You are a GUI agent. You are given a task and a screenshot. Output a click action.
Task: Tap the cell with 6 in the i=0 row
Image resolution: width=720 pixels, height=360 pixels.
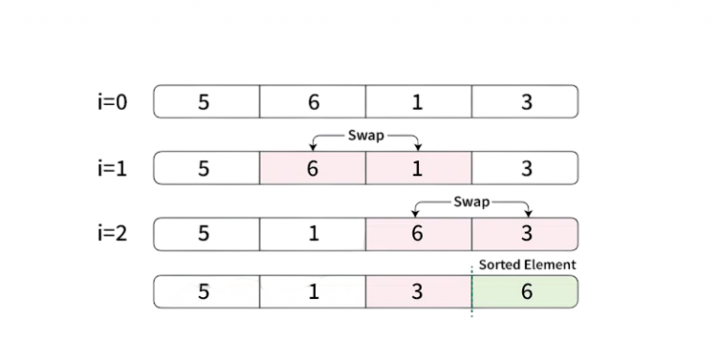[312, 102]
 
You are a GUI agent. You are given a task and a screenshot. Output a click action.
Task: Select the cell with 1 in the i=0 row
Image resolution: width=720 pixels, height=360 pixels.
[418, 102]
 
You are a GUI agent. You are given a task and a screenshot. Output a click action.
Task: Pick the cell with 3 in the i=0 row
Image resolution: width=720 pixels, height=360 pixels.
[525, 102]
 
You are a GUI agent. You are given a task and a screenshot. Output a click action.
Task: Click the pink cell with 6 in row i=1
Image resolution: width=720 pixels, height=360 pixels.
[312, 169]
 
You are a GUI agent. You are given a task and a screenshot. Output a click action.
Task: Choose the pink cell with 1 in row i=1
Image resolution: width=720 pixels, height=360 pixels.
[418, 169]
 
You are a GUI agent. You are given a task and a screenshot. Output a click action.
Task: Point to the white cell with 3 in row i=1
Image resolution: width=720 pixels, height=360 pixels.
[525, 169]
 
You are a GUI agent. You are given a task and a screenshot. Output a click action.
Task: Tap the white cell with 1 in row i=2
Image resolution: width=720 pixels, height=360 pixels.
[312, 233]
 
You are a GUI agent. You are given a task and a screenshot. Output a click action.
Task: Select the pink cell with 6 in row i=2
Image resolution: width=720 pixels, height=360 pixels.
[418, 233]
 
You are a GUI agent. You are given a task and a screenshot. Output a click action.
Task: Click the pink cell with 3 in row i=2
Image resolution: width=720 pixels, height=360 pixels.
[525, 233]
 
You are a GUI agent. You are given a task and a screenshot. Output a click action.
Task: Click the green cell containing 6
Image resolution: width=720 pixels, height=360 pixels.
[525, 292]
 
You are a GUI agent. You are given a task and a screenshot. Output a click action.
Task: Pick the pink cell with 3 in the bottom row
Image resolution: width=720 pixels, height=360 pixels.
[418, 292]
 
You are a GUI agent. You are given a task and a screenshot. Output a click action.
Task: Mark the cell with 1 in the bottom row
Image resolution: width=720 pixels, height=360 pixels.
[312, 292]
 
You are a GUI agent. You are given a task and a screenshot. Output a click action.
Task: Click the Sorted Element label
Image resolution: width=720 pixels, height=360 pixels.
[527, 264]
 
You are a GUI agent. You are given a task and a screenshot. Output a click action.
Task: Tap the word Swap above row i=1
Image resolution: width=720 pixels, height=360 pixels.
[365, 135]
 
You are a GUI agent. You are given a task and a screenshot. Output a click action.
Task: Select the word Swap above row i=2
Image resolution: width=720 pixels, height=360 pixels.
[472, 202]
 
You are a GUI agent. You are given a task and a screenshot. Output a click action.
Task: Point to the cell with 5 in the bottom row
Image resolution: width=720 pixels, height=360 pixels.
[205, 292]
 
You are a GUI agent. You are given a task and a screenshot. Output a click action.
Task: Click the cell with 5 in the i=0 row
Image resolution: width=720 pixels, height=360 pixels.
[205, 102]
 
